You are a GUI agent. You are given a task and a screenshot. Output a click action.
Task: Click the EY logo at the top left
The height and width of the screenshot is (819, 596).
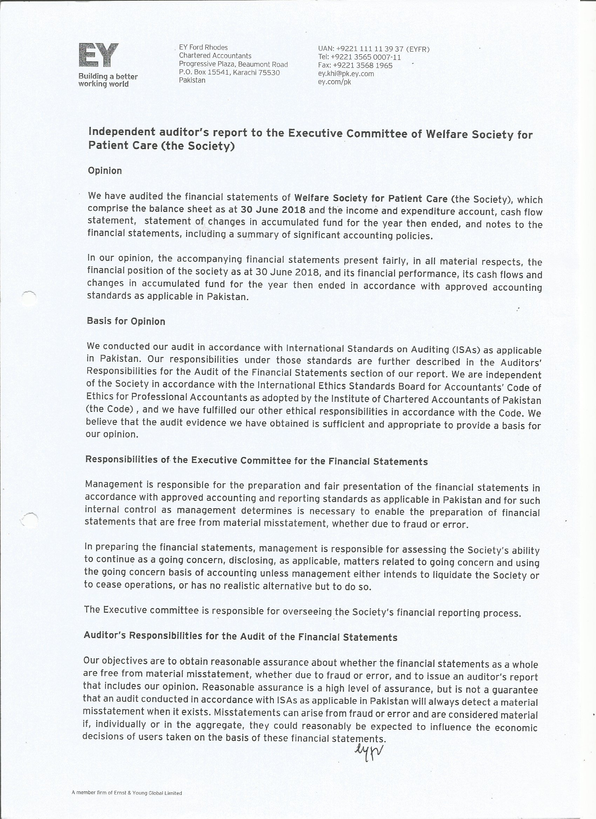pyautogui.click(x=99, y=55)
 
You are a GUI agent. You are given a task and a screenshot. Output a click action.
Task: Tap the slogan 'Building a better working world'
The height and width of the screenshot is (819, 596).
pyautogui.click(x=108, y=80)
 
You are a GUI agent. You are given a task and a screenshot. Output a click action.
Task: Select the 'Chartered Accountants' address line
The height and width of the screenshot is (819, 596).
pyautogui.click(x=215, y=56)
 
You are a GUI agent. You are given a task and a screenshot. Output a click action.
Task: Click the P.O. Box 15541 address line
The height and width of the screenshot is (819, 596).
pyautogui.click(x=229, y=72)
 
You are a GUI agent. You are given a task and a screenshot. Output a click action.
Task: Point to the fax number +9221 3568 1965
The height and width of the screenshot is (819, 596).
pyautogui.click(x=355, y=66)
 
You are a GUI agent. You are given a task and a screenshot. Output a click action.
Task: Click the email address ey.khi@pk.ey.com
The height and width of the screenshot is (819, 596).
pyautogui.click(x=346, y=74)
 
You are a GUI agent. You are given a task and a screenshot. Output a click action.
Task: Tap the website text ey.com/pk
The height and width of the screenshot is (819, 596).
pyautogui.click(x=334, y=82)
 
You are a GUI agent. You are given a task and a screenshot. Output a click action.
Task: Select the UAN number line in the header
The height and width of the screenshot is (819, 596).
pyautogui.click(x=373, y=49)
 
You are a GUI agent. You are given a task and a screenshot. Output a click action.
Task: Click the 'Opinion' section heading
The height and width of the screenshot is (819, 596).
pyautogui.click(x=105, y=171)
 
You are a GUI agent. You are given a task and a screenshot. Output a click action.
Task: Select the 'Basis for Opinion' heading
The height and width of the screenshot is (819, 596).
pyautogui.click(x=126, y=321)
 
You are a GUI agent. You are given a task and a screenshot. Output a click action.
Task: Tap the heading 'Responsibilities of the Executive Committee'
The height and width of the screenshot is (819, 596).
pyautogui.click(x=256, y=461)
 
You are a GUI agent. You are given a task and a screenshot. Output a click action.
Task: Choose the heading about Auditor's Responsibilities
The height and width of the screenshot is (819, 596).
pyautogui.click(x=241, y=636)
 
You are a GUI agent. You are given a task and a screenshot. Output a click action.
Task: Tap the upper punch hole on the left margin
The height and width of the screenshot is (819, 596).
pyautogui.click(x=29, y=298)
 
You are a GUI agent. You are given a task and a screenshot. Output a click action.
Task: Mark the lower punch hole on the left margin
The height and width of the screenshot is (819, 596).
pyautogui.click(x=29, y=520)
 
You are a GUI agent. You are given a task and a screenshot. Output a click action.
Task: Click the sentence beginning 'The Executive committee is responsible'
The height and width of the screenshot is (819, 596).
pyautogui.click(x=302, y=611)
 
